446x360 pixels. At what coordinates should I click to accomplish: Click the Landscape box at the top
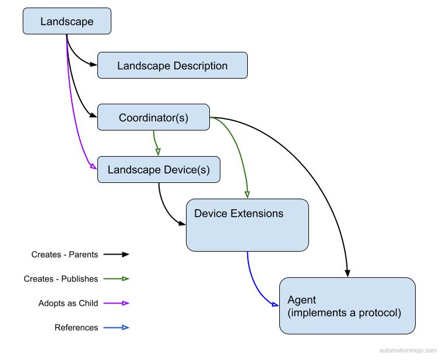66,22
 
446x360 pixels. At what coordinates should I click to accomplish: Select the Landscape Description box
172,65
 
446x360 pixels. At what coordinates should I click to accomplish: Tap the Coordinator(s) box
153,117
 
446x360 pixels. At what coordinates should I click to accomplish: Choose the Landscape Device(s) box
159,170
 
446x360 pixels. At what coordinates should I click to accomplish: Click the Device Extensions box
247,225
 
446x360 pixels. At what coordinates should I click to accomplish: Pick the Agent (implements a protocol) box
347,306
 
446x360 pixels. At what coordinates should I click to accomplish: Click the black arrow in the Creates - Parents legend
117,255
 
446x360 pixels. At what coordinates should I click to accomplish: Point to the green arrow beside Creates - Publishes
117,279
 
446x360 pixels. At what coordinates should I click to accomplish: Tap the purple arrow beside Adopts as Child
117,303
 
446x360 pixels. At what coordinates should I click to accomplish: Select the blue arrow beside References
117,328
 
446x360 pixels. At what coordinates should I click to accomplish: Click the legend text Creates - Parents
65,255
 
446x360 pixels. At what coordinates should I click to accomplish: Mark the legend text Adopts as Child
68,303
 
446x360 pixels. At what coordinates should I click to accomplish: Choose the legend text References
76,328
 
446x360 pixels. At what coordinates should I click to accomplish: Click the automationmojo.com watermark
408,351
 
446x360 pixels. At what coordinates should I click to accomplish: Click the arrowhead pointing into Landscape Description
94,65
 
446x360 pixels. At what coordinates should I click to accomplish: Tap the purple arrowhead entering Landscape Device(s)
93,167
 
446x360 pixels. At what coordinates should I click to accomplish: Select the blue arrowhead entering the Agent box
276,303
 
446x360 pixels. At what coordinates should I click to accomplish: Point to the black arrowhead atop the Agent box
348,273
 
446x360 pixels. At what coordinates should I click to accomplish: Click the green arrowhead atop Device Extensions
247,195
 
